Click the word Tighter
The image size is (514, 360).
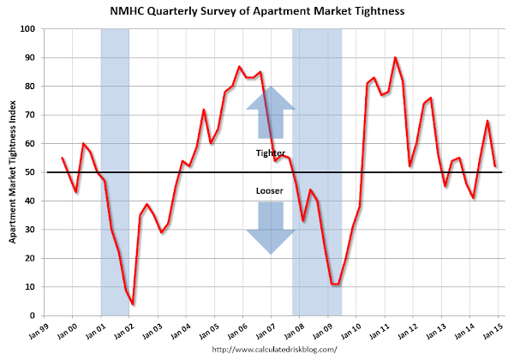(271, 153)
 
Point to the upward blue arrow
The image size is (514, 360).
(271, 111)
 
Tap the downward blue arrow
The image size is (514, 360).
(271, 229)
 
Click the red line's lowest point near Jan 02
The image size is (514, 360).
(133, 303)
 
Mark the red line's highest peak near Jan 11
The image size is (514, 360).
(395, 58)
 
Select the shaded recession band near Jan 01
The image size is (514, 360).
(115, 171)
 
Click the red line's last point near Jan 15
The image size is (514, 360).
(495, 166)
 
